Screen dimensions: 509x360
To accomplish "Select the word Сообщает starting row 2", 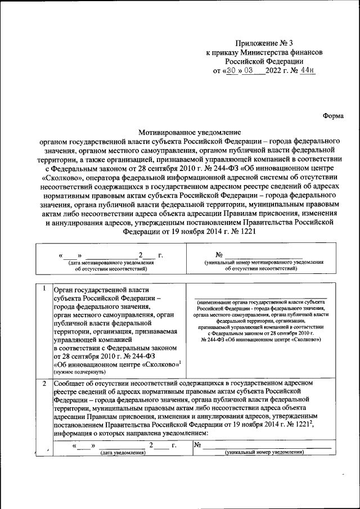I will click(x=71, y=384).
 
